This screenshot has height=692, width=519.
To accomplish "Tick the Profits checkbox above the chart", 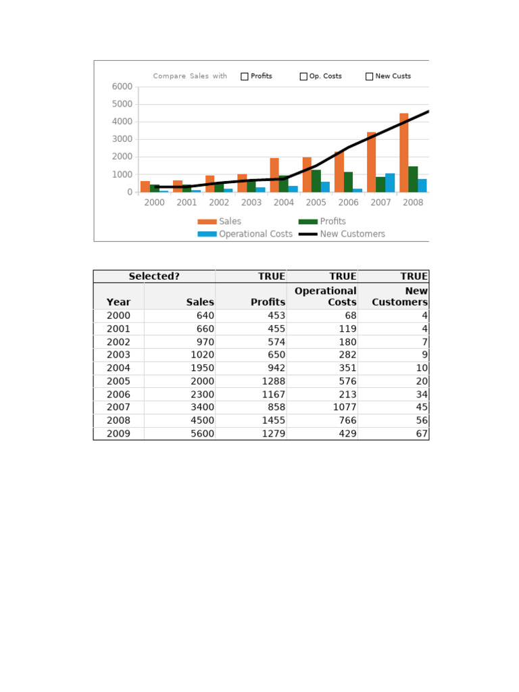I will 245,76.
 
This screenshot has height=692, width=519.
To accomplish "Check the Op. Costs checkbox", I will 303,76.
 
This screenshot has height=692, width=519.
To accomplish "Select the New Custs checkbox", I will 369,76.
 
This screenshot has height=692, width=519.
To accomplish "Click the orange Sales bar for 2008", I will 403,153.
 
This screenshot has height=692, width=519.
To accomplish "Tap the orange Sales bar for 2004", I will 274,175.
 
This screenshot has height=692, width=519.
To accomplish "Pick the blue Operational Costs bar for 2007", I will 390,182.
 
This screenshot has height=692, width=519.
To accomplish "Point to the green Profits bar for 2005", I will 316,180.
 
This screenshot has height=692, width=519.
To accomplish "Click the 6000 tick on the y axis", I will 122,86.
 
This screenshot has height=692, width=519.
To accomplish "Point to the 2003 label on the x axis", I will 251,203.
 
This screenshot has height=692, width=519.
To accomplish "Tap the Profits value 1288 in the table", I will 272,381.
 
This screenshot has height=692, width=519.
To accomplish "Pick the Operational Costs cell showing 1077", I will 343,407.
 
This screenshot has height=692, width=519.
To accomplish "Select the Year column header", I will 118,302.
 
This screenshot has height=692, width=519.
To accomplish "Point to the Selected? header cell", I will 154,276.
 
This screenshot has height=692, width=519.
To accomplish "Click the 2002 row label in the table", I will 118,342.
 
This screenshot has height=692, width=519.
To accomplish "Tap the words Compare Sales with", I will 190,76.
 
